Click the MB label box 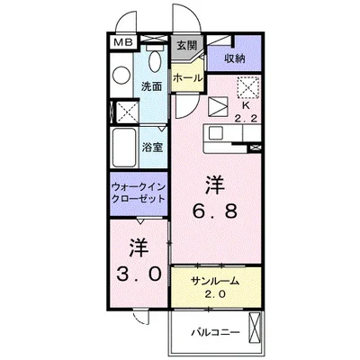(121, 42)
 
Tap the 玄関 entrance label (186, 45)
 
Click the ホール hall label (187, 78)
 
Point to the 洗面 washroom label (150, 86)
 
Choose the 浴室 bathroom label (150, 147)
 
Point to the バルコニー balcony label (213, 332)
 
